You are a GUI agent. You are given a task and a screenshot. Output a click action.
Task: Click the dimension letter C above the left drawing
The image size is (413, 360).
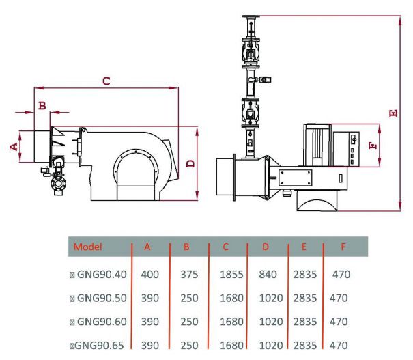pos(106,81)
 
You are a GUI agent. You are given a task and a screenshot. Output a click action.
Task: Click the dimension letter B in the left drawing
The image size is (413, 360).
pos(42,105)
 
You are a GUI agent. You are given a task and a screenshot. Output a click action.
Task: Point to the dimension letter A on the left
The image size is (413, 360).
pos(12,146)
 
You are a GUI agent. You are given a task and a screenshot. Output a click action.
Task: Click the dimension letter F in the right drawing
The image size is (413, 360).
pos(371,146)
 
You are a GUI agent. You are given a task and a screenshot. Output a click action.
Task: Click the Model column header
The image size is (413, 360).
pos(87,247)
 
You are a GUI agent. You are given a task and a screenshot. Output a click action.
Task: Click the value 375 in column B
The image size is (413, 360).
pos(188,275)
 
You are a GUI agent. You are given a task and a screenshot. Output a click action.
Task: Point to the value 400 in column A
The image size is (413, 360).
pos(150,275)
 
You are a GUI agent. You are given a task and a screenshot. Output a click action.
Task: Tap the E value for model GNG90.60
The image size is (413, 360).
pos(304,321)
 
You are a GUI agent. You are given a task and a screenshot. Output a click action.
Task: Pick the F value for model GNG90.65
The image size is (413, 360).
pos(339,344)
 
